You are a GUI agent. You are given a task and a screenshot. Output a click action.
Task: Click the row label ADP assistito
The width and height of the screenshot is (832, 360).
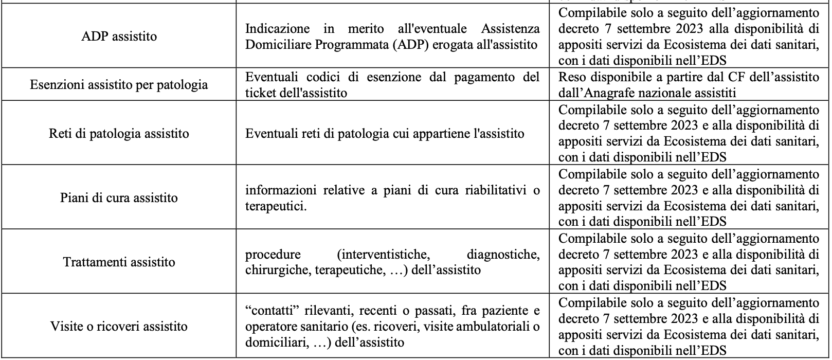point(119,37)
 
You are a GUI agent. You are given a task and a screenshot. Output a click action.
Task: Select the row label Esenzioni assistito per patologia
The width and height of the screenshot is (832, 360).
point(119,85)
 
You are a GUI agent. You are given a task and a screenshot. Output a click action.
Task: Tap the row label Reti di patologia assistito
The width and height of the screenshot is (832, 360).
point(119,134)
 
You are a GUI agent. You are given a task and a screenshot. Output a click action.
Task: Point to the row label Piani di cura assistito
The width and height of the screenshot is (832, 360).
point(119,198)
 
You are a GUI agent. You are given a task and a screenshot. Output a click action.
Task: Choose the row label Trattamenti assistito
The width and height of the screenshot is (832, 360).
point(119,262)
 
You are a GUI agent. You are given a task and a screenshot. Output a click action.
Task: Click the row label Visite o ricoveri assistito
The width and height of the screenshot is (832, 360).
point(119,327)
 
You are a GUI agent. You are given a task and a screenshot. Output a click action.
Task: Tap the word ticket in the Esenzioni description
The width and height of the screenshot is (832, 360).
point(260,93)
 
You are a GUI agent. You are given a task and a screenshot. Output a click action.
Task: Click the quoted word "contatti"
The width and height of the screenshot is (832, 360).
point(270,311)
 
